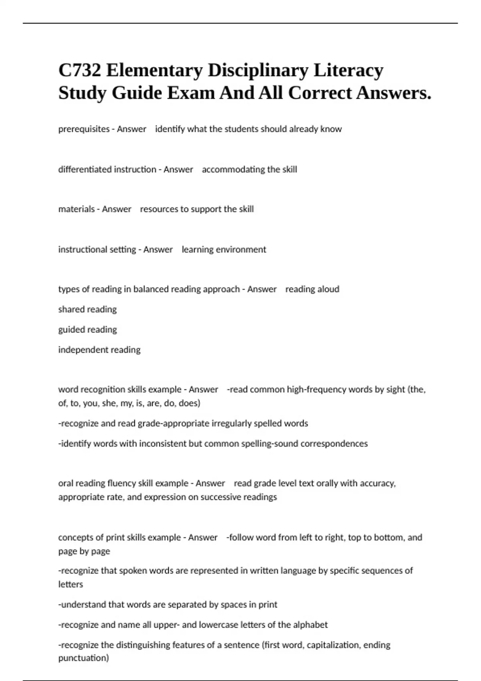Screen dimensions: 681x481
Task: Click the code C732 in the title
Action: (x=79, y=71)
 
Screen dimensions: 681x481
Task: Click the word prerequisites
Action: (x=84, y=129)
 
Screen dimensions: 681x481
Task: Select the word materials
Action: (x=77, y=209)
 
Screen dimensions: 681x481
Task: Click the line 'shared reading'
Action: (x=87, y=309)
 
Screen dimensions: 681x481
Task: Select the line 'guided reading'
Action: (x=87, y=330)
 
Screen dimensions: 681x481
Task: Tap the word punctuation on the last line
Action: (x=83, y=658)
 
